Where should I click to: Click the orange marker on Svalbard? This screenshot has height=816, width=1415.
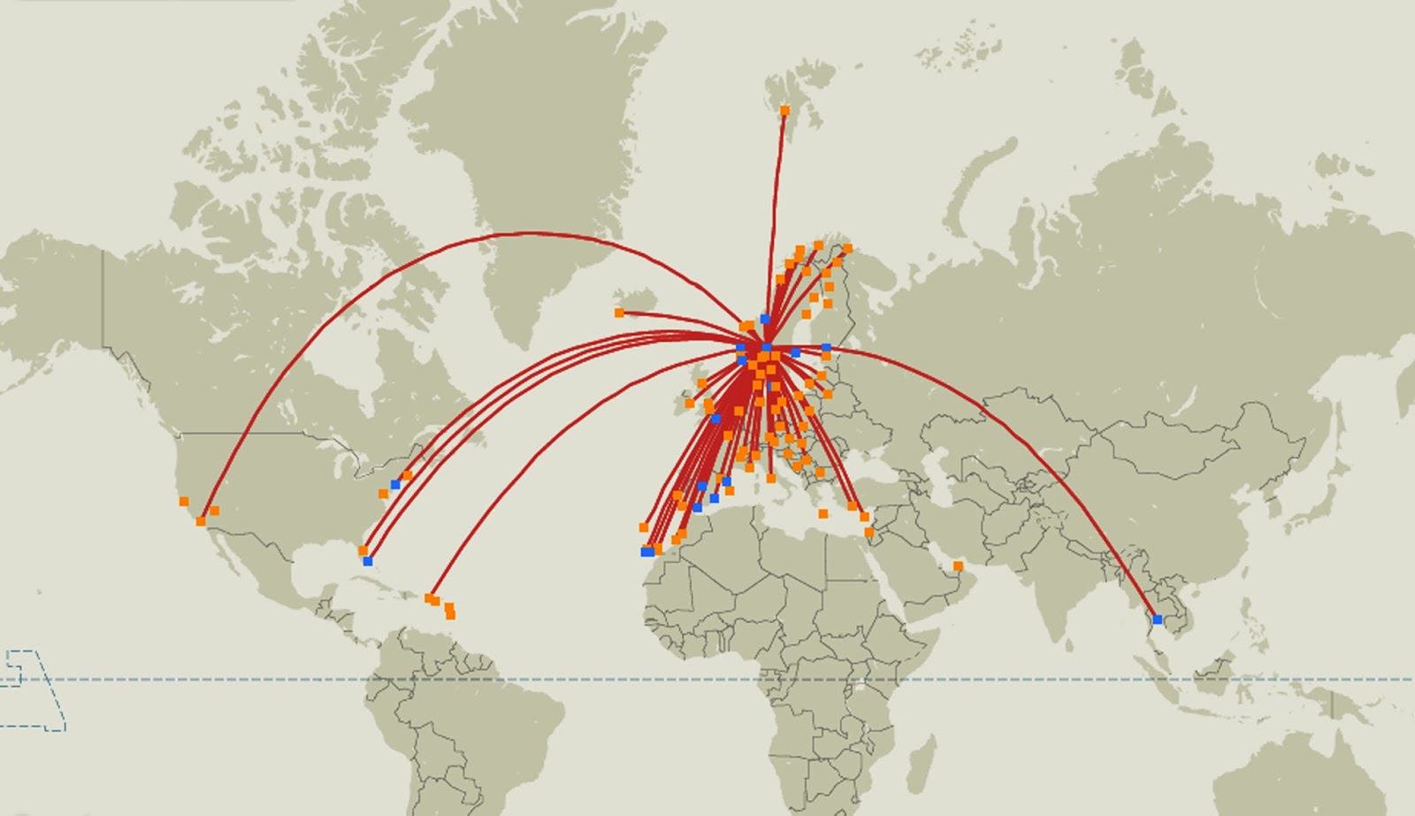pyautogui.click(x=784, y=111)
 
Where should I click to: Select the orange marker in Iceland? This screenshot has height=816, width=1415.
pyautogui.click(x=619, y=312)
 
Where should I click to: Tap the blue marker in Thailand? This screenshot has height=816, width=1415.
pyautogui.click(x=1157, y=620)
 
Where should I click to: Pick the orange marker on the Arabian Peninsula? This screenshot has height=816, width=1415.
pyautogui.click(x=958, y=566)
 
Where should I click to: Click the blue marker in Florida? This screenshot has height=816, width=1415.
pyautogui.click(x=368, y=561)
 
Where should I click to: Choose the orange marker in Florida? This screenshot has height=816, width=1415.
pyautogui.click(x=363, y=550)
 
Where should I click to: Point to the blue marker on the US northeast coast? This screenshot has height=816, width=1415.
pyautogui.click(x=395, y=484)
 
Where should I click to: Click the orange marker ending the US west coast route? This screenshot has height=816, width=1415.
pyautogui.click(x=202, y=521)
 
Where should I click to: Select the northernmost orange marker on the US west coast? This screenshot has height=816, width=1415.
pyautogui.click(x=184, y=502)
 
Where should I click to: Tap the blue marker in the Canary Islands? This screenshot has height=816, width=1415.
pyautogui.click(x=646, y=551)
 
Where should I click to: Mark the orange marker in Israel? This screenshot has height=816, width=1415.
pyautogui.click(x=869, y=532)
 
